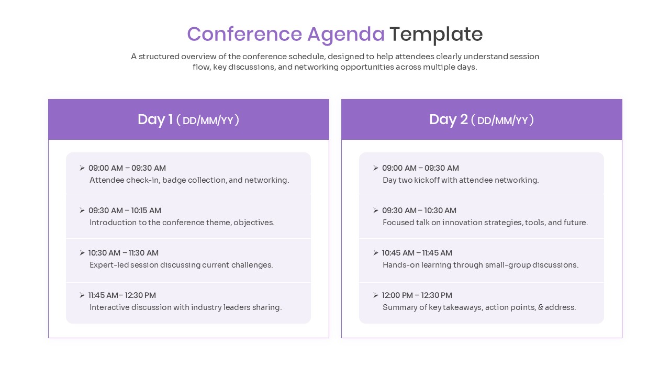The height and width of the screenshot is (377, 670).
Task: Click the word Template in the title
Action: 435,35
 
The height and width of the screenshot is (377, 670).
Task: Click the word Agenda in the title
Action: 345,35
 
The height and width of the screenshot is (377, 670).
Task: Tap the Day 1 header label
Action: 155,119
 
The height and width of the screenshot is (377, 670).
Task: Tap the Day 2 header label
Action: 448,119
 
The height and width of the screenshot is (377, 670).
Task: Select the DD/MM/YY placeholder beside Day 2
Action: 502,120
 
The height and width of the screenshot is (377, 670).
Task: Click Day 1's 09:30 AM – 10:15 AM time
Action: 125,210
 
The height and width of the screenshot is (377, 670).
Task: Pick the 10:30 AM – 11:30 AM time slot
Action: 123,253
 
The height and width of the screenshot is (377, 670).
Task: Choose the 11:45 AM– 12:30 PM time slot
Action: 122,295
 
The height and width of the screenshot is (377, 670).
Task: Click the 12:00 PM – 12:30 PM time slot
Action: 417,295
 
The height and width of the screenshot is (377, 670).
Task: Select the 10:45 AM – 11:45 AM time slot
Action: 417,253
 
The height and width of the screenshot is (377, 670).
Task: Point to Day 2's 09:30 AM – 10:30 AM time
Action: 419,210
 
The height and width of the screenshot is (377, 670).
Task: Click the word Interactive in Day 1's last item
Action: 110,307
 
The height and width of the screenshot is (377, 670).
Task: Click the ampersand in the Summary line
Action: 541,307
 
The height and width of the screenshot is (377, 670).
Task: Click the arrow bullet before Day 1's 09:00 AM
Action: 82,168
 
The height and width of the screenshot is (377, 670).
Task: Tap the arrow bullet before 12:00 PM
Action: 376,295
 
